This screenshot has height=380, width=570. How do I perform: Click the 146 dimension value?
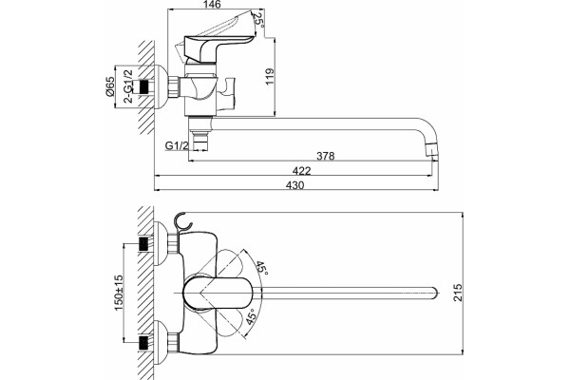point(213,5)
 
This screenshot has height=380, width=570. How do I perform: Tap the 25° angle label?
point(257,19)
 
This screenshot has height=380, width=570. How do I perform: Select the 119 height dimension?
point(270,77)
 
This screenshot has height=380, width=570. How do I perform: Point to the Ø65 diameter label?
point(110,86)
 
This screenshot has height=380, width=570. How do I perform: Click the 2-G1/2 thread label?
point(128,86)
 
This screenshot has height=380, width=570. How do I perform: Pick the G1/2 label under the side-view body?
point(177,145)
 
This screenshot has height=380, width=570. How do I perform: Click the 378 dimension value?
point(325,156)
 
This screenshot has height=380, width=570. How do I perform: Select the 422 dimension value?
point(302,171)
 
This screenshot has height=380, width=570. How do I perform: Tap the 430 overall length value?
point(294,185)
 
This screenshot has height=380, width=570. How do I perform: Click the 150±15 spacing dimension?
point(120,293)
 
